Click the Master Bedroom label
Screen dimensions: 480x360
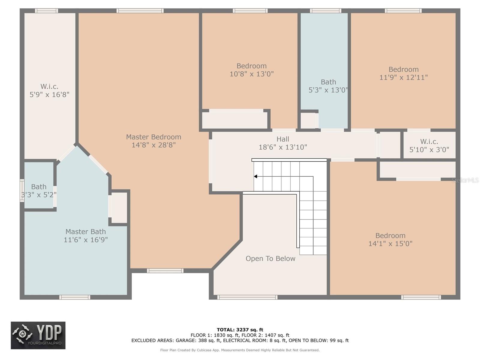point(154,137)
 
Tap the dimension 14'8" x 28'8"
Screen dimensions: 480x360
point(154,145)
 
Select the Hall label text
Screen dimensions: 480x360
point(283,139)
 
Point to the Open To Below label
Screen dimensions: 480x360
point(270,259)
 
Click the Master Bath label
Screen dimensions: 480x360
point(85,232)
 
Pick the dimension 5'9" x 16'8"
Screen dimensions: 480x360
point(49,94)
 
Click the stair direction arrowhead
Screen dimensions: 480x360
point(255,176)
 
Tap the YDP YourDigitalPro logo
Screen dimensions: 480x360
point(38,335)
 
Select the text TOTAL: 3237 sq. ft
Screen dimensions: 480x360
point(240,330)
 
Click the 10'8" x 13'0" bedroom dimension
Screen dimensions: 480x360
point(251,74)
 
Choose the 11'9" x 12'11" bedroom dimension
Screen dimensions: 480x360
point(403,77)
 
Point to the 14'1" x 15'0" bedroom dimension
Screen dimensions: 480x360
point(390,244)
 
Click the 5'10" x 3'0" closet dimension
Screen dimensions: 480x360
point(429,149)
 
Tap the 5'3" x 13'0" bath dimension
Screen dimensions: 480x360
point(328,90)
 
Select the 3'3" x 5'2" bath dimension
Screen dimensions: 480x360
point(39,194)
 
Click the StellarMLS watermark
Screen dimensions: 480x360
point(465,180)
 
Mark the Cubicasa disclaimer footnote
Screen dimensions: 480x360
point(240,350)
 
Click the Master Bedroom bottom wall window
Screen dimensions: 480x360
point(165,271)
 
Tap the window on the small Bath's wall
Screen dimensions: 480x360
point(22,190)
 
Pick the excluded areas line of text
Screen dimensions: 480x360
point(240,340)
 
